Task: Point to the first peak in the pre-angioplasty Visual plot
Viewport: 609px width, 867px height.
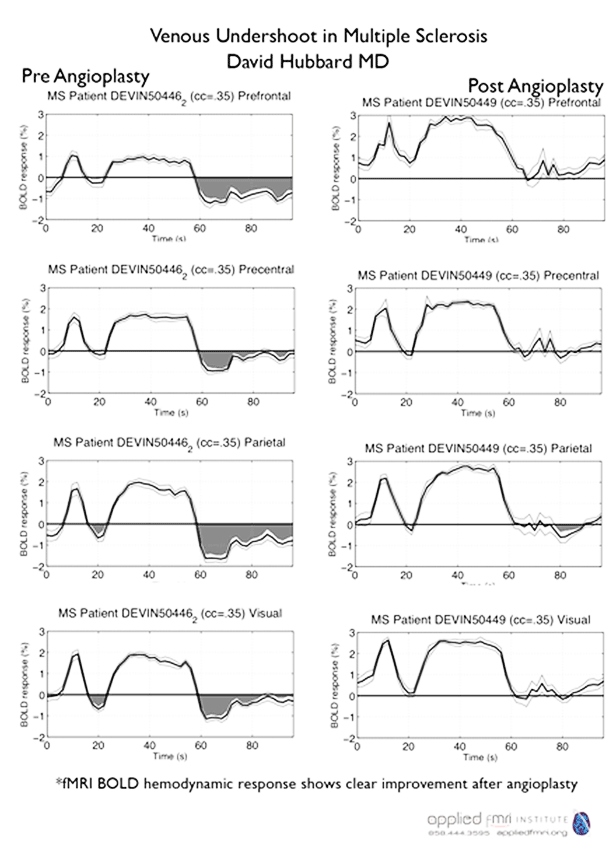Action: (74, 654)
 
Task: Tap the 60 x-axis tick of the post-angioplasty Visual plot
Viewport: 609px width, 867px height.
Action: (520, 751)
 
